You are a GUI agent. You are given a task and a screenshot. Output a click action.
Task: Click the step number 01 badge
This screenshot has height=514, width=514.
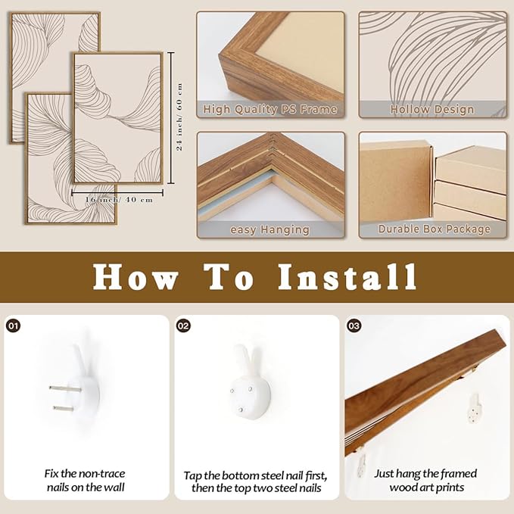[14, 326]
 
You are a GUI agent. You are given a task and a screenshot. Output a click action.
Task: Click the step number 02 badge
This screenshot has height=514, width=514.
[184, 326]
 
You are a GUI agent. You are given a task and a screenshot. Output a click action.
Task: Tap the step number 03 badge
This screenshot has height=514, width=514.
[354, 326]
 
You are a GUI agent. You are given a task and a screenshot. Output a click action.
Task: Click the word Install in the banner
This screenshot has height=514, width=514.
[347, 277]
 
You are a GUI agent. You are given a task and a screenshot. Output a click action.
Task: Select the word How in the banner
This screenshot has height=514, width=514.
[135, 277]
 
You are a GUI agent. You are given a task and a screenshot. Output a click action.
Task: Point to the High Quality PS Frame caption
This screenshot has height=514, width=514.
[270, 110]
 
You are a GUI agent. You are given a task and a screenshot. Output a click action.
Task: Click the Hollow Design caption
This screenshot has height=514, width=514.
[432, 110]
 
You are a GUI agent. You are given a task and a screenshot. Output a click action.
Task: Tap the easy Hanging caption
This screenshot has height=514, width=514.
[270, 229]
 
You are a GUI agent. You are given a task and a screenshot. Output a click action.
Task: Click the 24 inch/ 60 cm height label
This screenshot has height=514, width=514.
[179, 117]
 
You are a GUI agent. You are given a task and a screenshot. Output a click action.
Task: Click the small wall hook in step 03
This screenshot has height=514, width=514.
[475, 408]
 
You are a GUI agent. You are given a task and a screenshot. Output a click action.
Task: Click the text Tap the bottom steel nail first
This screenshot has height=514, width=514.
[256, 475]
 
